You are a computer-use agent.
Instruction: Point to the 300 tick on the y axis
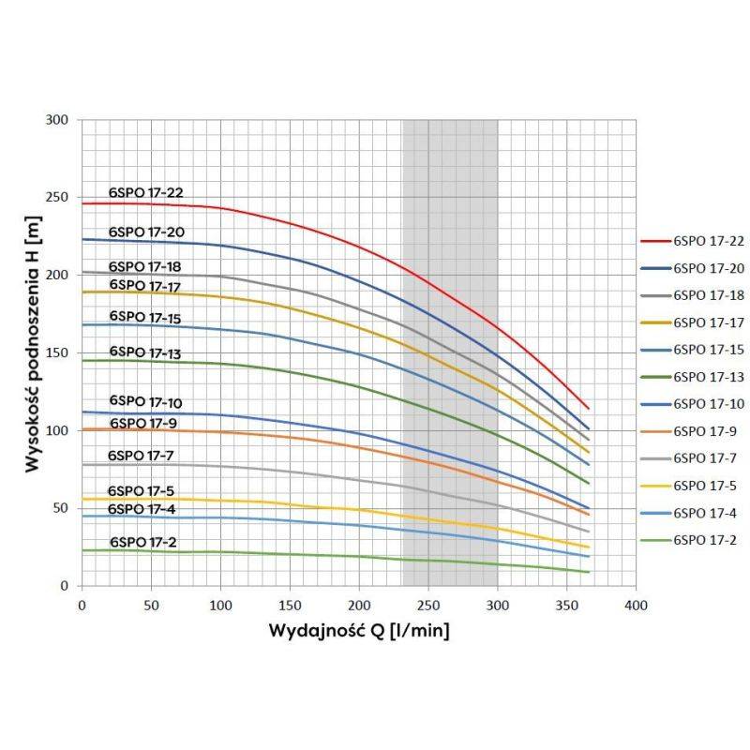[58, 120]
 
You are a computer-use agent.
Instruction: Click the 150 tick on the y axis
[58, 352]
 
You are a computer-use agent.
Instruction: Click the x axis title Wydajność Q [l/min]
[359, 630]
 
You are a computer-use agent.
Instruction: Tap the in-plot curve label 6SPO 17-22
[145, 193]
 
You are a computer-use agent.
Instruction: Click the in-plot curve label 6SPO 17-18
[145, 266]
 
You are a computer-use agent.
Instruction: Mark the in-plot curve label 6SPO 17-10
[145, 402]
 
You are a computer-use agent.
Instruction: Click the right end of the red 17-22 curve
[588, 408]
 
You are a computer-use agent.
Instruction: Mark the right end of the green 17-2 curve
[588, 572]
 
